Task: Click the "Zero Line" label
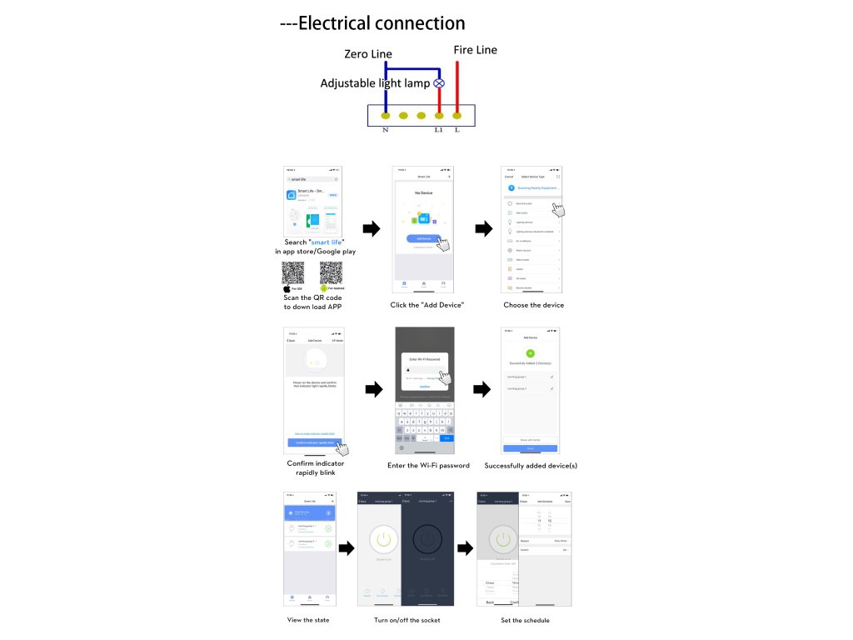point(368,54)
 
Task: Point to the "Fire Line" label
point(475,50)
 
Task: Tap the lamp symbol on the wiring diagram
point(439,83)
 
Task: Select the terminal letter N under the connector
point(385,130)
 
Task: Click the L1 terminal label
point(438,130)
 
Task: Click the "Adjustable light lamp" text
point(375,83)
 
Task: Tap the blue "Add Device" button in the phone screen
point(424,238)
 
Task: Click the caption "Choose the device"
point(533,305)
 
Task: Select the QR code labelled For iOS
point(292,272)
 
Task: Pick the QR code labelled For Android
point(331,272)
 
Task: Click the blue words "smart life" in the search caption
point(327,242)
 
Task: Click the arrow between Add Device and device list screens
point(482,228)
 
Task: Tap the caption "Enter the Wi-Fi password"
point(428,465)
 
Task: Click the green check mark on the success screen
point(531,353)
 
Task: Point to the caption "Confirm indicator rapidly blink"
point(315,468)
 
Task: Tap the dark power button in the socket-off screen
point(427,540)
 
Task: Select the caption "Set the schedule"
point(525,620)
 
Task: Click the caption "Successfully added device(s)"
point(531,465)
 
